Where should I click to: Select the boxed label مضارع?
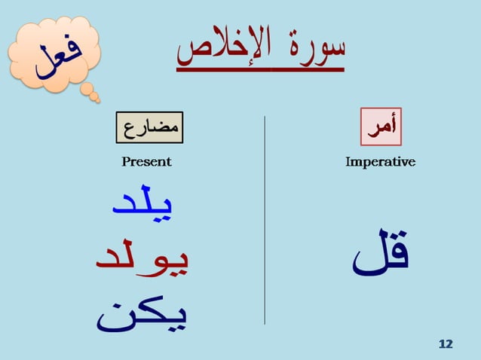click(x=150, y=127)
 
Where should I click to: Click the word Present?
click(x=146, y=162)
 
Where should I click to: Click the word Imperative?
click(x=380, y=162)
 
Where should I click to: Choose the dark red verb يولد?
click(x=142, y=258)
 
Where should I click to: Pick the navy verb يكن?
click(x=142, y=315)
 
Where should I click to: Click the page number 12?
click(x=446, y=344)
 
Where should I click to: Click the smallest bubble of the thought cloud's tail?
click(x=95, y=98)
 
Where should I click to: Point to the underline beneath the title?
click(x=260, y=69)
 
